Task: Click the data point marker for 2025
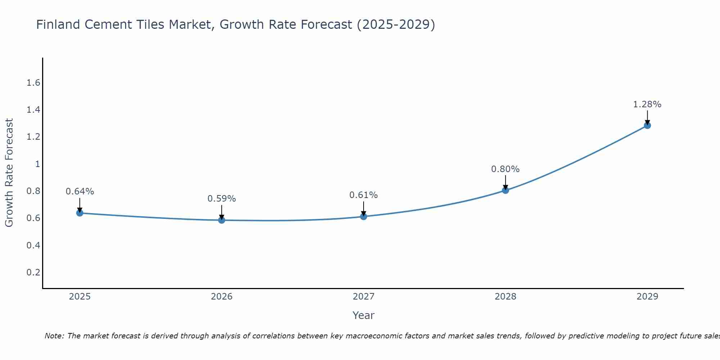(80, 213)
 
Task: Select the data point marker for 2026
(221, 220)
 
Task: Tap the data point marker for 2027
(363, 216)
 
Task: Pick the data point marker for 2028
(505, 190)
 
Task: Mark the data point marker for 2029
(647, 125)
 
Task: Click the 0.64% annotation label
(80, 192)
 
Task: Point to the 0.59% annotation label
(221, 199)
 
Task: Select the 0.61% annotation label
(363, 195)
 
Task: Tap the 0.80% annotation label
(505, 169)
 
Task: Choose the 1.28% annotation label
(647, 104)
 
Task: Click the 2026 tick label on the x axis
(221, 297)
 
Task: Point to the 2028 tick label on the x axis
(505, 297)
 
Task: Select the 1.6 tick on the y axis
(33, 83)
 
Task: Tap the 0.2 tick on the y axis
(33, 273)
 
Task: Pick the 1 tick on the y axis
(37, 164)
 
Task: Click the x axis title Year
(363, 315)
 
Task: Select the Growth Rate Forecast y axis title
(9, 173)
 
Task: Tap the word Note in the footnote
(54, 336)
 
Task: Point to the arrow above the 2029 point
(647, 117)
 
